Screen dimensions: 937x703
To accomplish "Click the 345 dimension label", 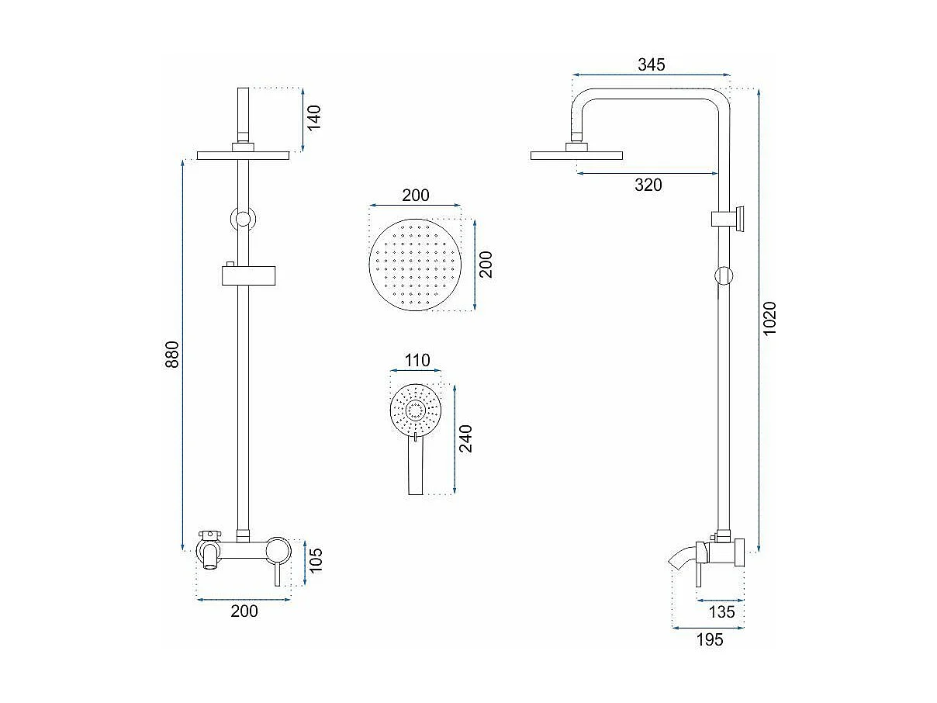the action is [x=651, y=64].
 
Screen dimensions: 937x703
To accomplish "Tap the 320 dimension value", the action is [x=648, y=185].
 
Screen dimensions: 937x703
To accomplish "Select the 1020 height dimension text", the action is [x=769, y=319].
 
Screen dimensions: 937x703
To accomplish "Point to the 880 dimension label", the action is [x=172, y=355].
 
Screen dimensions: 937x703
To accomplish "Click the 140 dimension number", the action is [x=314, y=118].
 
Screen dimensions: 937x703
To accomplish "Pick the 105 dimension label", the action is [x=316, y=560].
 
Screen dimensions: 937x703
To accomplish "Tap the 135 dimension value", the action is [x=721, y=612].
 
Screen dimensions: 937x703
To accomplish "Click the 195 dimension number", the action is [x=710, y=639].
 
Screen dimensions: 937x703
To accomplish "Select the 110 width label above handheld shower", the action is [x=417, y=361].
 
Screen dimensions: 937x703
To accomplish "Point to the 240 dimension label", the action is [x=465, y=438].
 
